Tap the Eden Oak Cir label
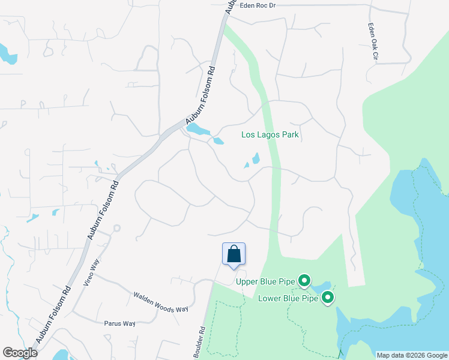[x=373, y=42]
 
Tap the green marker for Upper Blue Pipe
[x=304, y=280]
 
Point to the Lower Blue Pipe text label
[x=287, y=298]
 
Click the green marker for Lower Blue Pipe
[x=328, y=297]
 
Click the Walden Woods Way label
[x=160, y=302]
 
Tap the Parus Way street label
[x=120, y=323]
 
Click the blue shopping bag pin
[x=234, y=254]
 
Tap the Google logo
[x=20, y=353]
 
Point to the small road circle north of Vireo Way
[x=116, y=228]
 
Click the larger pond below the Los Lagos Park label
[x=256, y=158]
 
